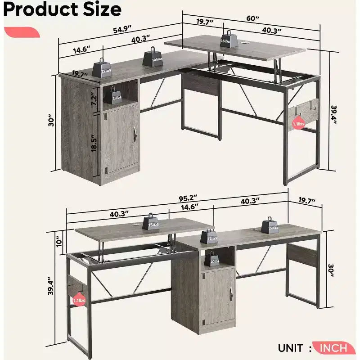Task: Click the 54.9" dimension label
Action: (x=122, y=30)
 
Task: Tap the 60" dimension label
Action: (x=253, y=18)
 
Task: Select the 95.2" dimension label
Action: (x=188, y=198)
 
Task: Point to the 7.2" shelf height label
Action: (x=94, y=99)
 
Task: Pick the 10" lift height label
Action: (x=59, y=242)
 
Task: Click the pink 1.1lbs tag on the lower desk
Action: (x=80, y=300)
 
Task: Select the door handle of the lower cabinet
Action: (x=231, y=292)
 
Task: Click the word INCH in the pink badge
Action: (x=333, y=348)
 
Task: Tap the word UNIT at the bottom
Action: (x=290, y=348)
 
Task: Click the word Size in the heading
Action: (x=102, y=9)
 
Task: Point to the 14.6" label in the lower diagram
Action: (x=189, y=207)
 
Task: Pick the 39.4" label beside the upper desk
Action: (x=333, y=115)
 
